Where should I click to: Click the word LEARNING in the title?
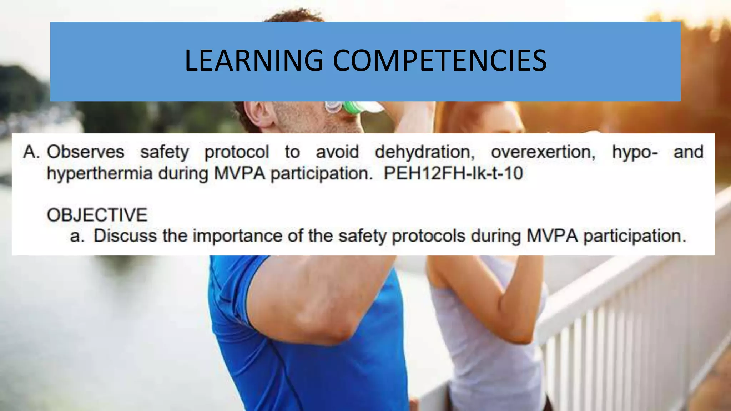tap(254, 61)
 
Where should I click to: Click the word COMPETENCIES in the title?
tap(439, 61)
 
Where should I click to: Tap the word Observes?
tap(86, 152)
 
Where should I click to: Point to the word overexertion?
tap(543, 152)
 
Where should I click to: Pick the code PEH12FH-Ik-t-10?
tap(453, 174)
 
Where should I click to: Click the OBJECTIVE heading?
tap(97, 215)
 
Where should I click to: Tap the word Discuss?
tap(125, 236)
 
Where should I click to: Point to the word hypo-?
tap(635, 152)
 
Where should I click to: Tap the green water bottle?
tap(353, 107)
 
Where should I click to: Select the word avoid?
tap(337, 152)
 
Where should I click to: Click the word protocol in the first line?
tap(236, 152)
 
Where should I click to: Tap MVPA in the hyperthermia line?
tap(240, 174)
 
